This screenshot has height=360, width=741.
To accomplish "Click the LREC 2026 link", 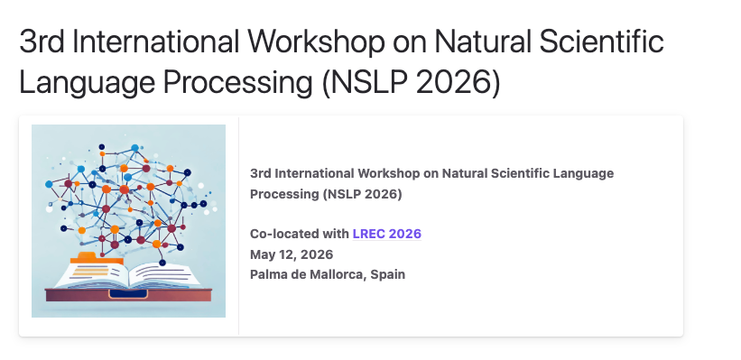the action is point(386,234).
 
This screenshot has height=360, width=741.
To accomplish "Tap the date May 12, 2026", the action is point(292,254).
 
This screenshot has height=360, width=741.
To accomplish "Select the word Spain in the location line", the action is point(387,274).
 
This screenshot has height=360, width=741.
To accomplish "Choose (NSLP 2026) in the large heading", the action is point(411,83).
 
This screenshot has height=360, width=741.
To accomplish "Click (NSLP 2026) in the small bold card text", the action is point(363,194).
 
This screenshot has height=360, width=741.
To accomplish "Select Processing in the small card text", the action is point(284,194).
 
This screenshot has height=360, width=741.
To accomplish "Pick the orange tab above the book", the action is point(97,258).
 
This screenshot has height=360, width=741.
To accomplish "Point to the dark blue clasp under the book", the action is point(128,294).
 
